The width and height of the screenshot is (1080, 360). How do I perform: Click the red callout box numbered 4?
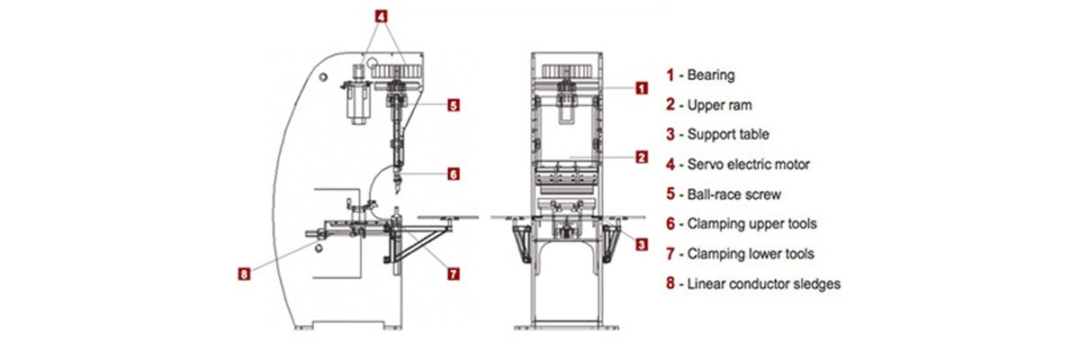tap(382, 16)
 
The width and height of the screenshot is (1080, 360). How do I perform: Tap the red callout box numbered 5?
tap(454, 105)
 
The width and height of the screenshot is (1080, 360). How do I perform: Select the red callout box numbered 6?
tap(454, 175)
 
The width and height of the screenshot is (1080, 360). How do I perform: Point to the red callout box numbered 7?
tap(454, 273)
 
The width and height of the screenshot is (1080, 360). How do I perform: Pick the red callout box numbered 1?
tap(641, 88)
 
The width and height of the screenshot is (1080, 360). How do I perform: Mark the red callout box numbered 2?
tap(641, 157)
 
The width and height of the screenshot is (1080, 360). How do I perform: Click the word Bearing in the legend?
tap(711, 76)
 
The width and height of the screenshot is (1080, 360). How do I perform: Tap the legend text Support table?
tap(728, 135)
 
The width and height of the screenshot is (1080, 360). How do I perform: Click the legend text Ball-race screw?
tap(732, 193)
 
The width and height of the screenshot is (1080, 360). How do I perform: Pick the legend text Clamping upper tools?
tap(751, 223)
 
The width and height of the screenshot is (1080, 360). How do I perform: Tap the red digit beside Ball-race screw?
tap(670, 193)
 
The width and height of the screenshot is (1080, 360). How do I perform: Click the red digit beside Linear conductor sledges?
tap(670, 283)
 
